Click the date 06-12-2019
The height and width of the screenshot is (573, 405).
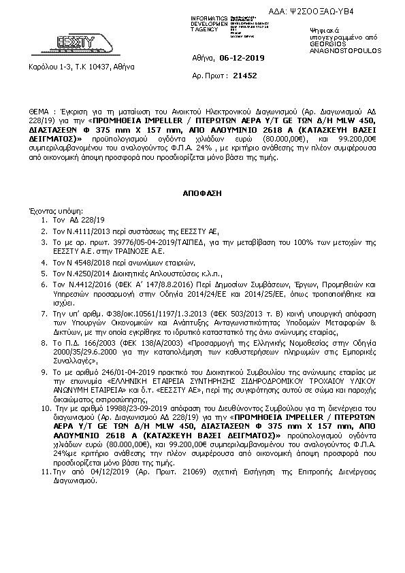click(x=241, y=59)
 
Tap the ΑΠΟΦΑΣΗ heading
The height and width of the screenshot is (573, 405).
click(x=203, y=193)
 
